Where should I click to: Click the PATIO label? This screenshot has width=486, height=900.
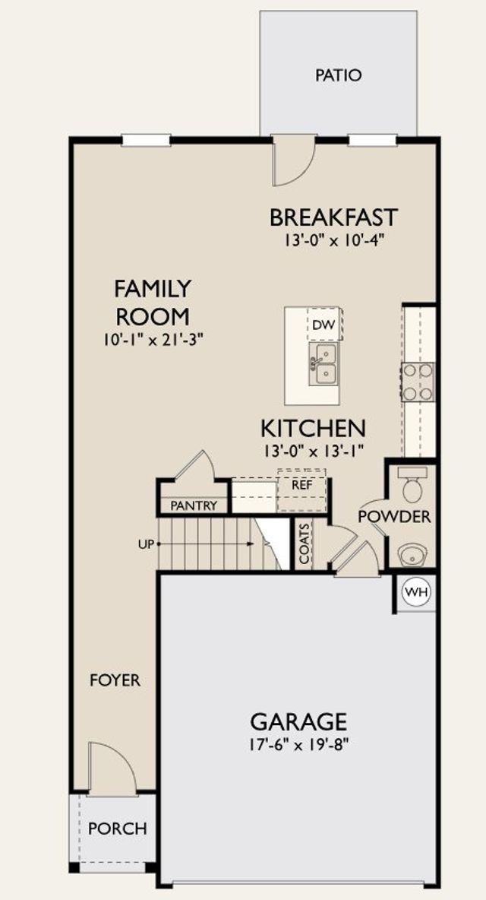338,75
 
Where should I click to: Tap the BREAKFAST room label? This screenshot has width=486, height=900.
333,217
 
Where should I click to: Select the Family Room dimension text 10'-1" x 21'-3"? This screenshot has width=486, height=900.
153,339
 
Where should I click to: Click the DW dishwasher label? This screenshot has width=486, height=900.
323,325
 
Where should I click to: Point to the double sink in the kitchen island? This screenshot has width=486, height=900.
323,364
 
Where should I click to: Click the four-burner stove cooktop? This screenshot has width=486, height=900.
418,382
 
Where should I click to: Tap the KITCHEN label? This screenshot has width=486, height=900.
313,428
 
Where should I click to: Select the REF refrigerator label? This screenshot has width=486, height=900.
301,484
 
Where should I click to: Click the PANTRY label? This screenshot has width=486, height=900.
194,505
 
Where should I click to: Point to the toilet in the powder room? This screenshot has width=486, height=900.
412,484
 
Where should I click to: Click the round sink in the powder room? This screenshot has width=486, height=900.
412,555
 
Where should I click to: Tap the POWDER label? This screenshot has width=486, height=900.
394,517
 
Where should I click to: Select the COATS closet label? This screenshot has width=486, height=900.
305,543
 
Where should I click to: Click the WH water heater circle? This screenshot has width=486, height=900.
417,592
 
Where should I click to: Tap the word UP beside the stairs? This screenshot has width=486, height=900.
147,543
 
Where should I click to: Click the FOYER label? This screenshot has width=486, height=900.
115,680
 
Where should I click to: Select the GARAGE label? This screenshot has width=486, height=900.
298,721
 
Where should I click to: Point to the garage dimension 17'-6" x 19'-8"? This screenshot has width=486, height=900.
299,744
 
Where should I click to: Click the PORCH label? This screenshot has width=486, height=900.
118,829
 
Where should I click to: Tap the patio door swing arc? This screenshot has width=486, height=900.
307,170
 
